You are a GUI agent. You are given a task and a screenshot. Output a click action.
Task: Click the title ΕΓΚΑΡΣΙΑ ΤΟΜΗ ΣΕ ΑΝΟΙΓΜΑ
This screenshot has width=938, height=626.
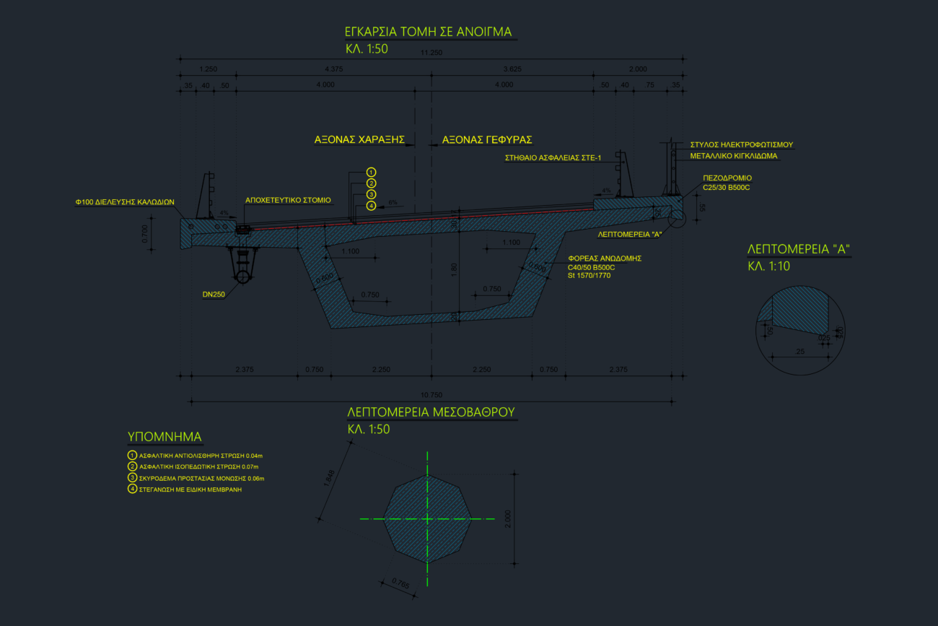[429, 32]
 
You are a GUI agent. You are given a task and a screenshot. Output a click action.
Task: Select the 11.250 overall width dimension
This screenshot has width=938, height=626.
[431, 53]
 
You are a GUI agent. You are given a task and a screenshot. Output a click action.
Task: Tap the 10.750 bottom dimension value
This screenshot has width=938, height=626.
[431, 394]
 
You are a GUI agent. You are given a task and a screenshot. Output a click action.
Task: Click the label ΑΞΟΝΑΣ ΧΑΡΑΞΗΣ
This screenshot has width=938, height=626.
[359, 139]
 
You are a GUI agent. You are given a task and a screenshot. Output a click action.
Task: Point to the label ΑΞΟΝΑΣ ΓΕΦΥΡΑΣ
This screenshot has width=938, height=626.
[487, 139]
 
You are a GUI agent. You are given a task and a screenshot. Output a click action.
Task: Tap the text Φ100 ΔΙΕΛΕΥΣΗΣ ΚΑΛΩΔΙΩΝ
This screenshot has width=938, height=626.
[126, 202]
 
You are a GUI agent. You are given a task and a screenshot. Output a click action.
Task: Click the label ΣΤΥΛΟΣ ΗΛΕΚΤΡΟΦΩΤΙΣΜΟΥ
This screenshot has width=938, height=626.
[741, 144]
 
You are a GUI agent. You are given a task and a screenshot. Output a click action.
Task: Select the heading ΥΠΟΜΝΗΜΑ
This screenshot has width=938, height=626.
[165, 437]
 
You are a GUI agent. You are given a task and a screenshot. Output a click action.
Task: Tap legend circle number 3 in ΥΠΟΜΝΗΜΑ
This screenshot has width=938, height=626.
[132, 478]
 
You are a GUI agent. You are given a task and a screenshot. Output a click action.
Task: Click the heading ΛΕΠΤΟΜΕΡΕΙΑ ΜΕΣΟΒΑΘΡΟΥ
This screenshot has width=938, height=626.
[431, 412]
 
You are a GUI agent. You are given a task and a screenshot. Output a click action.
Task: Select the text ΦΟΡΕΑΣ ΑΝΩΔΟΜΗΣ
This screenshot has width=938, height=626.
[605, 258]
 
